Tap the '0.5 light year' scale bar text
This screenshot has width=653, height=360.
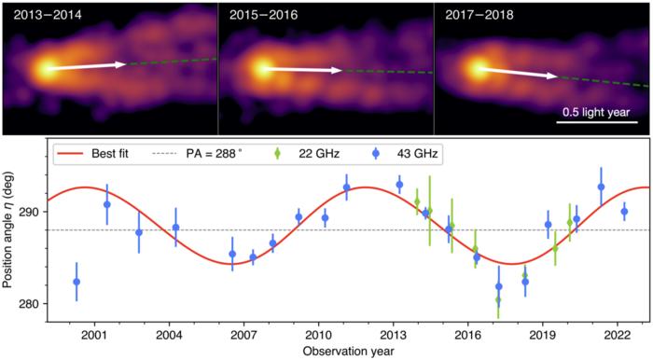click(600, 112)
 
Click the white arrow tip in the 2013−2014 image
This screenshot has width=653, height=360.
click(125, 63)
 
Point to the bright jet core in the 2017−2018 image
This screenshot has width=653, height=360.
click(479, 68)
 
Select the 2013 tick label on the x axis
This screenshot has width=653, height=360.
click(393, 335)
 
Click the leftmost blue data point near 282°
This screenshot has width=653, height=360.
click(76, 282)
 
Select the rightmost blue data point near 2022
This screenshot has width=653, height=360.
click(624, 212)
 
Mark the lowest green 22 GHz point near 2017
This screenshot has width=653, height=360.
click(498, 299)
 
